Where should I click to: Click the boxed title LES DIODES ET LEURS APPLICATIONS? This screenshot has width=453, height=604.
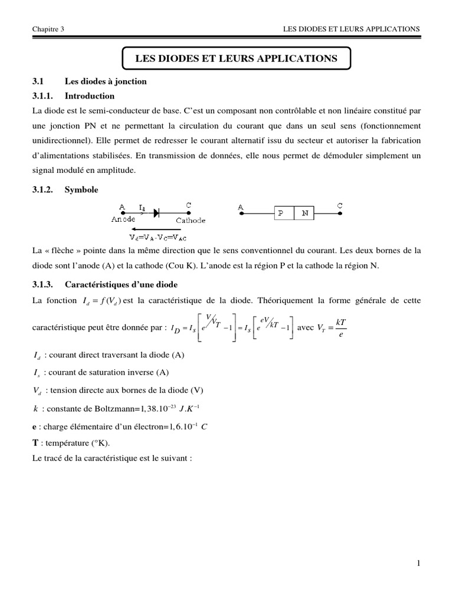point(237,58)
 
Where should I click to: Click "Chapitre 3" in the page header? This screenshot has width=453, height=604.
point(48,28)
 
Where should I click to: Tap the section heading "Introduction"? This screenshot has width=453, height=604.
point(90,96)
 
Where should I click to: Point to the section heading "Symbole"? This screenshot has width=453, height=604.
point(82,190)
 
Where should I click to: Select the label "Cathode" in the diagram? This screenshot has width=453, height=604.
point(191,220)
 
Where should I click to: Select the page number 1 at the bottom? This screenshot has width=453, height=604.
point(418,563)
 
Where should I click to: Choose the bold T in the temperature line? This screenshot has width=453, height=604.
point(36,443)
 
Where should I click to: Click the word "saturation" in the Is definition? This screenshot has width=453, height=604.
point(99,372)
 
